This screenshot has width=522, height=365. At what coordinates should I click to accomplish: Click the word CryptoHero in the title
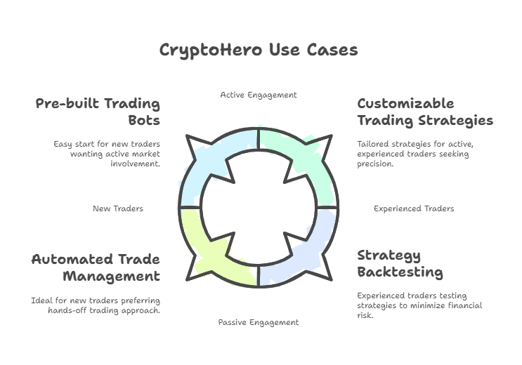pos(211,51)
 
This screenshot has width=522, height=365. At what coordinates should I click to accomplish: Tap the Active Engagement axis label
pos(259,95)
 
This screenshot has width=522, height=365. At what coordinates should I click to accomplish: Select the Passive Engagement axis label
pos(259,322)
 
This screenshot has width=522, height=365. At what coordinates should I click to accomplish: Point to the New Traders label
pos(118,208)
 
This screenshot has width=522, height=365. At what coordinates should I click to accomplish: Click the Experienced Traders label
pos(414,208)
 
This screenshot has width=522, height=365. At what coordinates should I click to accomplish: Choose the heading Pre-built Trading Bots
pos(98,112)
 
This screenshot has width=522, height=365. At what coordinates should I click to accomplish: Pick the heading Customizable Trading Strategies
pos(425,112)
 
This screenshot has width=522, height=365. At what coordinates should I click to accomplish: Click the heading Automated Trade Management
pos(96,267)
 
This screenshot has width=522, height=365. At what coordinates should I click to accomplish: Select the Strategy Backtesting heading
pos(400,264)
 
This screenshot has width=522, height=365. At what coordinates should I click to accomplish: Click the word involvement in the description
pos(135,164)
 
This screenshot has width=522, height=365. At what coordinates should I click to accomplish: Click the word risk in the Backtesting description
pos(365,315)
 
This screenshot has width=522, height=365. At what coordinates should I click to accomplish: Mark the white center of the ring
pos(259,208)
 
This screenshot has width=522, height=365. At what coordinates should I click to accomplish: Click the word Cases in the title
pos(332,50)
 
